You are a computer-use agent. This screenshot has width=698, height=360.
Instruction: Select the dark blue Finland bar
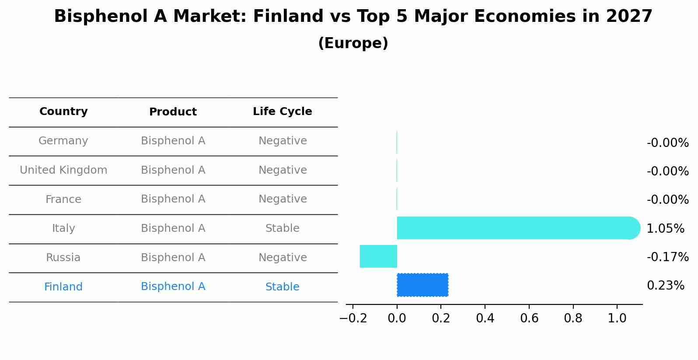pos(422,285)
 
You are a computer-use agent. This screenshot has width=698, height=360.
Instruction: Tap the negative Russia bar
pos(378,256)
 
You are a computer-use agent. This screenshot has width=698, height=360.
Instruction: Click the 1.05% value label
pos(665,228)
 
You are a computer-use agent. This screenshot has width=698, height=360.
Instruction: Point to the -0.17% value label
pos(667,257)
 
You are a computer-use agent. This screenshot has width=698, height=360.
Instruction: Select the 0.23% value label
pos(665,286)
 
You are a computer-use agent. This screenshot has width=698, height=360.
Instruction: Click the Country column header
pos(63,112)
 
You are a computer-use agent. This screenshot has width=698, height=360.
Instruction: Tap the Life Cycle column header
pos(282,112)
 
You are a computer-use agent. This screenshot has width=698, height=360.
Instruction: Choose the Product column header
pos(173,112)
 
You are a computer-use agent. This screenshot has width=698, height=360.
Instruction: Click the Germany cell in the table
pos(63,141)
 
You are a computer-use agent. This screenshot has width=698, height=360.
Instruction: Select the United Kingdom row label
pos(63,170)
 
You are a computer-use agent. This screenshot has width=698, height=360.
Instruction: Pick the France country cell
pos(63,199)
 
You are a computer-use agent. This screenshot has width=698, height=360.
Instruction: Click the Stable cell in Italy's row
pos(282,228)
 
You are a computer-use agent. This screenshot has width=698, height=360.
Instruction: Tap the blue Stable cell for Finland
pos(282,287)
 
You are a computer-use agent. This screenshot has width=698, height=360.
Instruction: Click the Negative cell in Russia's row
pos(282,258)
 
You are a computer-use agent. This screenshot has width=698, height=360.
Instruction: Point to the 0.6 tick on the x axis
pos(529,318)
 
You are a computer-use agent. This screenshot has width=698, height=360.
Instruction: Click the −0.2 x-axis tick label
pos(353,318)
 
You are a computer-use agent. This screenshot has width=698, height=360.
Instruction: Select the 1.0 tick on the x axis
pos(617,318)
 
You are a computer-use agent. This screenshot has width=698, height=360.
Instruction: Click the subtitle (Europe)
pos(353,43)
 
